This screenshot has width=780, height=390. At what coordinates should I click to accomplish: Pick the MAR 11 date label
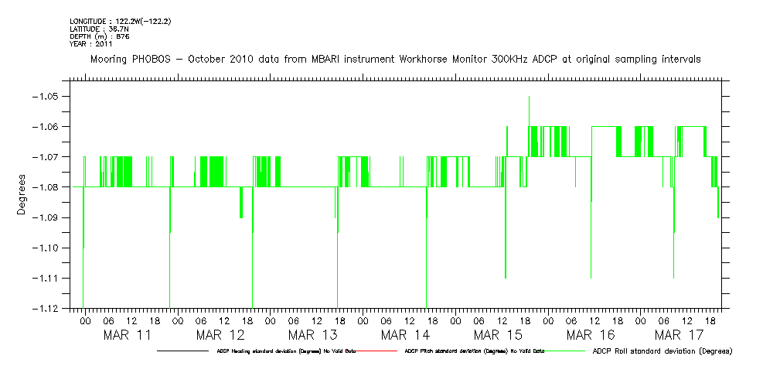[128, 335]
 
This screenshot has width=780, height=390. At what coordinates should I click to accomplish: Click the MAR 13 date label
[312, 335]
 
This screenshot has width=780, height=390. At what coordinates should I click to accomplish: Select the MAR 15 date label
[497, 335]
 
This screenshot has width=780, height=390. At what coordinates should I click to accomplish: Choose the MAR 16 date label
[590, 335]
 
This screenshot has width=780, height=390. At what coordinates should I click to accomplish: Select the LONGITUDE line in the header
[120, 22]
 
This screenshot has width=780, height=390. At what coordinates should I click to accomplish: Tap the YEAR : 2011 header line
[91, 43]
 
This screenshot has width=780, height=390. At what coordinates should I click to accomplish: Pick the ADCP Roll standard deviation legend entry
[662, 351]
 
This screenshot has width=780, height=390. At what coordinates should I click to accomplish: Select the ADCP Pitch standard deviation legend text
[475, 351]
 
